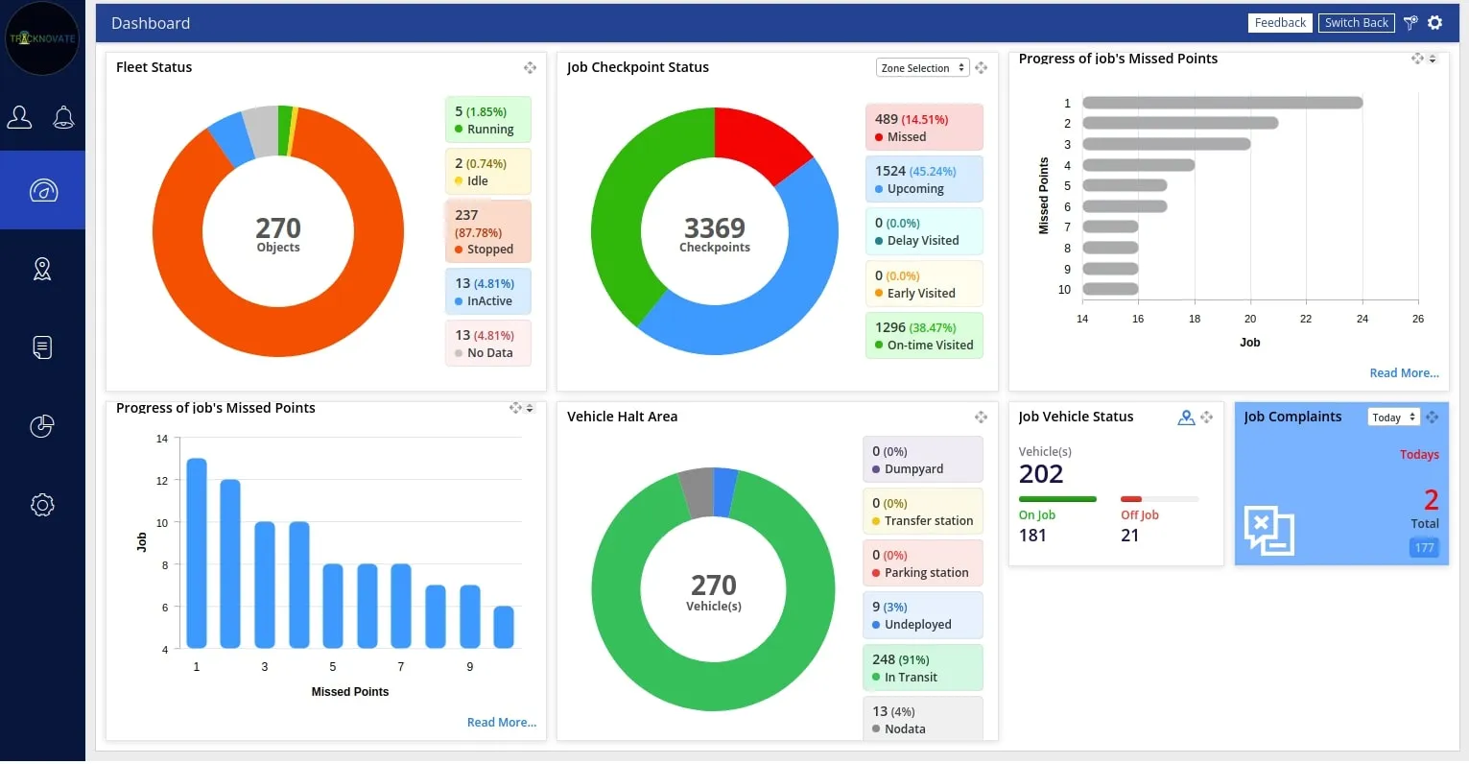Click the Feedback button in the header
point(1280,23)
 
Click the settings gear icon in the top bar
point(1434,23)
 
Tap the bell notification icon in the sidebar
point(63,118)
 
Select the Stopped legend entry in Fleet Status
point(487,231)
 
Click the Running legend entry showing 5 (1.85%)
point(487,120)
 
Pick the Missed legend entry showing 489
point(923,128)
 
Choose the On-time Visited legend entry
point(923,336)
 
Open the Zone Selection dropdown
point(921,68)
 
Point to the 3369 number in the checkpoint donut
point(714,228)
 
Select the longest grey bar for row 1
point(1222,103)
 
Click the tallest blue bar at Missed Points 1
point(197,553)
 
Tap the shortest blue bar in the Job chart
point(504,627)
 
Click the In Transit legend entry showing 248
point(922,668)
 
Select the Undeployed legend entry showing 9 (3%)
point(922,615)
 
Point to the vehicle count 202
point(1041,474)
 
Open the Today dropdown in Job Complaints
point(1393,418)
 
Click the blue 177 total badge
point(1424,548)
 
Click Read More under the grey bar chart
point(1404,373)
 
